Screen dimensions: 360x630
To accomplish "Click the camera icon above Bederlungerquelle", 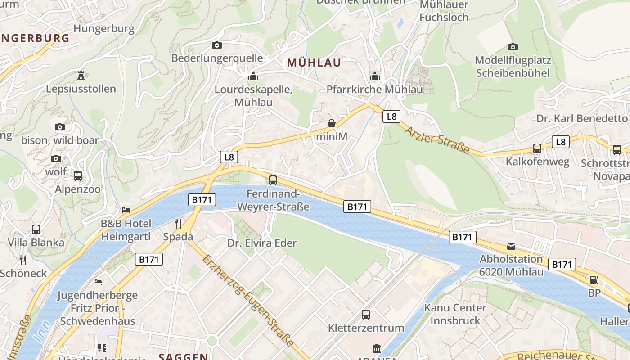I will (x=217, y=45).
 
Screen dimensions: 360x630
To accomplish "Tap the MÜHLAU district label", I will (x=314, y=63).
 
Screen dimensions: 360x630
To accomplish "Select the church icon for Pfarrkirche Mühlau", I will (x=375, y=76).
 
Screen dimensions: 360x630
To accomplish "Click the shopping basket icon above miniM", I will (x=332, y=123).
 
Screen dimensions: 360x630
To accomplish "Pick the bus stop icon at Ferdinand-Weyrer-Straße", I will (x=273, y=180).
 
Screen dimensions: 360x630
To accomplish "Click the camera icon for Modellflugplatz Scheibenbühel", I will (x=513, y=47).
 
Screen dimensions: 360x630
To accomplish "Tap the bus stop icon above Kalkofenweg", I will (x=537, y=148).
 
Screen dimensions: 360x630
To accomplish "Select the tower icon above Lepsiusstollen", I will (x=81, y=75).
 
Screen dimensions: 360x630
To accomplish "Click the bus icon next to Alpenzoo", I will (x=78, y=176).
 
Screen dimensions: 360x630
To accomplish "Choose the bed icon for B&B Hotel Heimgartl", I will (x=126, y=210).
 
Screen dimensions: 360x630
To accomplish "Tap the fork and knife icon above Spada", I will (x=178, y=223).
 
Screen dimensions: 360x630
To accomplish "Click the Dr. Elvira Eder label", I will (x=262, y=243).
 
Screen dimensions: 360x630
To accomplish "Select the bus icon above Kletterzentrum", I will (x=366, y=314).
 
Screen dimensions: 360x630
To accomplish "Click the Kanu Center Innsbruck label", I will (x=455, y=314).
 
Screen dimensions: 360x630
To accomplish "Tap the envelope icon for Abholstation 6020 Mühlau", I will (x=511, y=246).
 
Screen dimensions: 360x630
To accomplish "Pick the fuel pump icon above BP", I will (x=594, y=280).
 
